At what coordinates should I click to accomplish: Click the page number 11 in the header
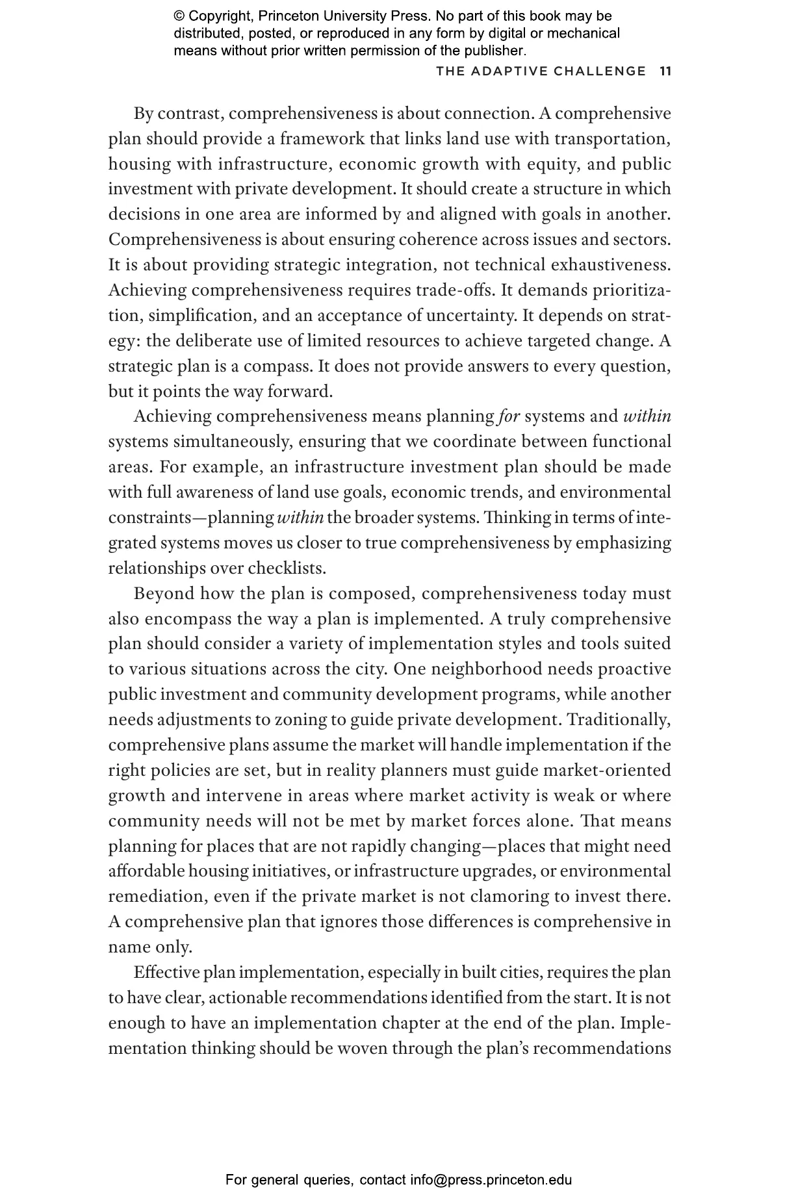(665, 71)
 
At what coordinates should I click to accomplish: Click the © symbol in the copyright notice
(179, 16)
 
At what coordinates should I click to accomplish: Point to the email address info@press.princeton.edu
(491, 1180)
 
